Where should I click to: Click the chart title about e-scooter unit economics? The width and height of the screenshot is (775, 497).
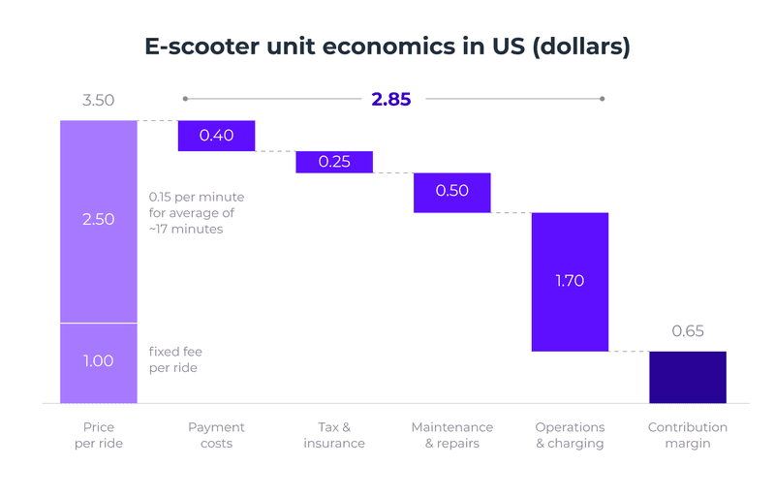point(387,47)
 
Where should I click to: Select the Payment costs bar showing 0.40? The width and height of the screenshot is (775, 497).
point(216,136)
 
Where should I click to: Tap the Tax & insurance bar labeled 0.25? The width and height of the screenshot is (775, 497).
point(334,162)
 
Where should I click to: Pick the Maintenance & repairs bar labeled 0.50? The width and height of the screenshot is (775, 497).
point(452,192)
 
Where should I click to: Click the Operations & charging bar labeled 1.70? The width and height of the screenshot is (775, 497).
point(570,282)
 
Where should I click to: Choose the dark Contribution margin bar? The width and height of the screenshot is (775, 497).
point(688,377)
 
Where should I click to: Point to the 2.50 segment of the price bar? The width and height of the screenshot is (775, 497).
point(99,220)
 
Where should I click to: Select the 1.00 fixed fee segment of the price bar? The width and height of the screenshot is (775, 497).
point(99,361)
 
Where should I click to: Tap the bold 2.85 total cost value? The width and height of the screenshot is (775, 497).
point(391,99)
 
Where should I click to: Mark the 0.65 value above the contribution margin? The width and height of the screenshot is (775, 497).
point(688,331)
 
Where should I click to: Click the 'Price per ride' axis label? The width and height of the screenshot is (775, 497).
point(99,435)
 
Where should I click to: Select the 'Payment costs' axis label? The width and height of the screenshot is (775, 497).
point(216,435)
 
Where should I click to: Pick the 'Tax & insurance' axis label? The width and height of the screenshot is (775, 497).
point(334,435)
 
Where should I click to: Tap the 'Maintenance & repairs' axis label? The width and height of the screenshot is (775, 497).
point(452,435)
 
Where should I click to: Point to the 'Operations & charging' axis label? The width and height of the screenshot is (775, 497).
point(570,435)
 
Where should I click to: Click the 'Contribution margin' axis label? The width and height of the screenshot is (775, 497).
point(688,435)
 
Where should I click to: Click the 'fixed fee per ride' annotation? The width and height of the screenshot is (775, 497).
point(175,360)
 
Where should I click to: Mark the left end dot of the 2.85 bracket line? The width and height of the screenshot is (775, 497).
point(185,99)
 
